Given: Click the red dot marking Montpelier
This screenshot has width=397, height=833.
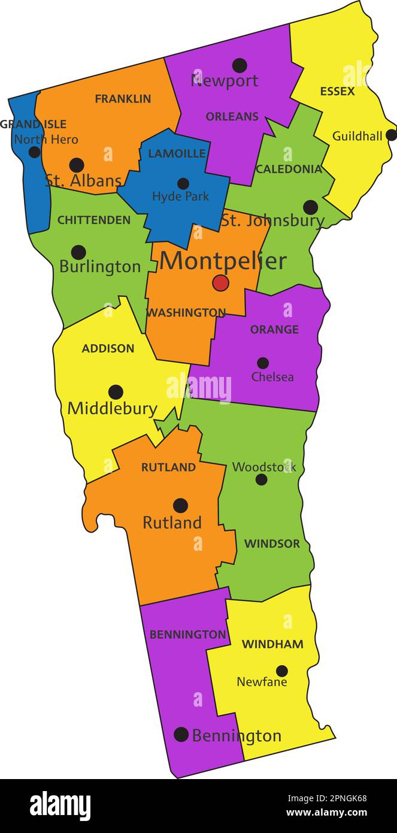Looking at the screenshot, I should [220, 283].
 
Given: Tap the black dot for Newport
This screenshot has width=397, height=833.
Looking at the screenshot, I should [240, 65].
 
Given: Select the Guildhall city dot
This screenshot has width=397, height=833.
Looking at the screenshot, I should [391, 135].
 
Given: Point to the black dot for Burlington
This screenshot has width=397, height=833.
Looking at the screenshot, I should [78, 252].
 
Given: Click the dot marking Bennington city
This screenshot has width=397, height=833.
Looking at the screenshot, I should [181, 734].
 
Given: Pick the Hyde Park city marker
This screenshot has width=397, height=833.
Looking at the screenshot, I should [183, 183].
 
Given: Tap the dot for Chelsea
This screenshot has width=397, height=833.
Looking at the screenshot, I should [263, 363].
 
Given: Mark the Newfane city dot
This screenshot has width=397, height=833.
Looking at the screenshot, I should [281, 671].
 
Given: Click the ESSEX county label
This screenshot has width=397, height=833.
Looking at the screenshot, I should [337, 92].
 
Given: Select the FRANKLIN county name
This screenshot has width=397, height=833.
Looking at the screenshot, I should [123, 99].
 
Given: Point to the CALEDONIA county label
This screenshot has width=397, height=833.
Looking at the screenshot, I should [289, 169].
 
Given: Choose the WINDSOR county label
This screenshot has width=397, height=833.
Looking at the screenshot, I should [272, 544].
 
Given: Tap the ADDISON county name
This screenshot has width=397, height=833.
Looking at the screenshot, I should [108, 348].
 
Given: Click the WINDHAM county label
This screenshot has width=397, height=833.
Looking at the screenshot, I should [272, 644].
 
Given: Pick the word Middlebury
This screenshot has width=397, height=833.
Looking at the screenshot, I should [112, 409].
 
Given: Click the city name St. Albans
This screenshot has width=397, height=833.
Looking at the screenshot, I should [83, 180].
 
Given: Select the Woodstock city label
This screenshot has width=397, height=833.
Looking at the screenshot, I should [264, 467].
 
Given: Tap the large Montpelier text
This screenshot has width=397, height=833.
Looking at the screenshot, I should [223, 261].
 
